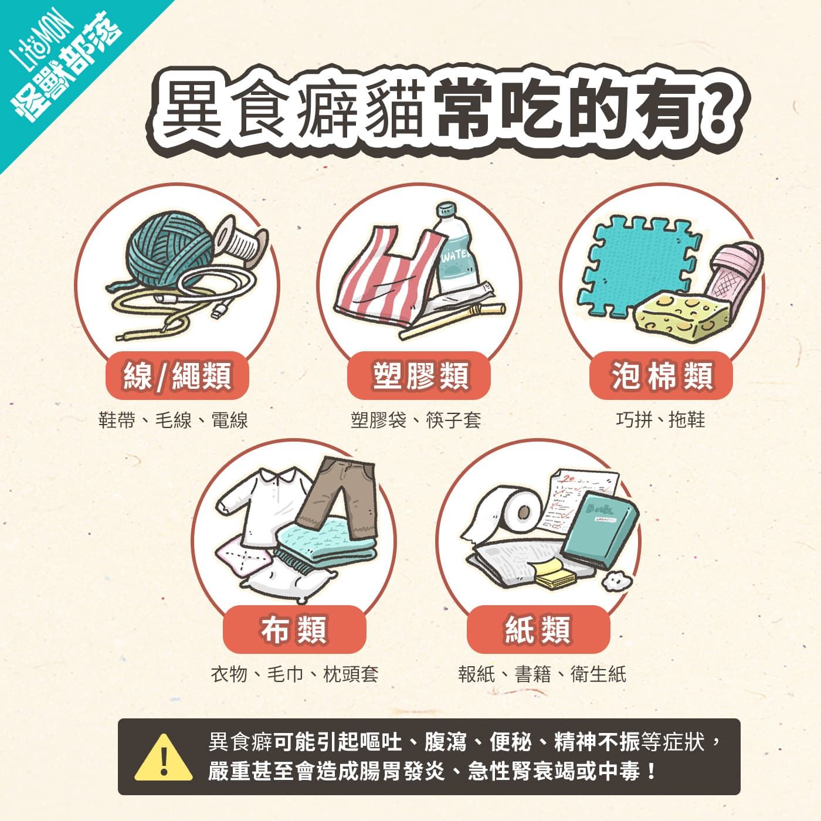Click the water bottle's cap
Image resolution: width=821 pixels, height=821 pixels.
click(446, 210)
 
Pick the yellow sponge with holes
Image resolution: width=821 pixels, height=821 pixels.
click(681, 315)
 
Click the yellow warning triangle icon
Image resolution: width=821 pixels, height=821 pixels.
click(164, 758)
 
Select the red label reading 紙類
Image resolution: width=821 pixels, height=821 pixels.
click(538, 629)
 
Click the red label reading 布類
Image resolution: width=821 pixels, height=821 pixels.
click(294, 629)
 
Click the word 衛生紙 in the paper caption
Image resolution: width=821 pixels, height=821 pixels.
click(598, 674)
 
